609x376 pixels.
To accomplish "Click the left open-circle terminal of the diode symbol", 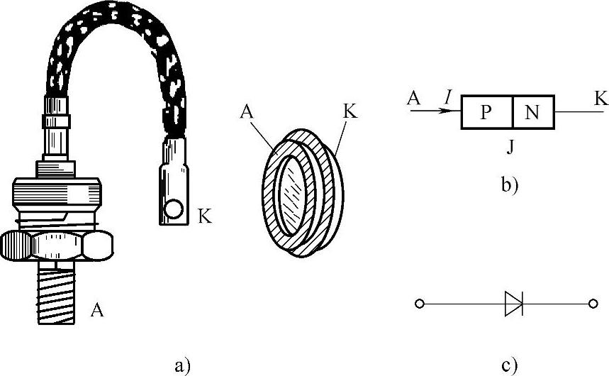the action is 420,304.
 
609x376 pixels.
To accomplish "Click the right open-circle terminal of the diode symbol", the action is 593,304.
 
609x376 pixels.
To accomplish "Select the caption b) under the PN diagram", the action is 510,186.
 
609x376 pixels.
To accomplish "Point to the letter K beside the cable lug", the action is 205,216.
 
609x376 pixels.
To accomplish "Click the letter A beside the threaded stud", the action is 99,309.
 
